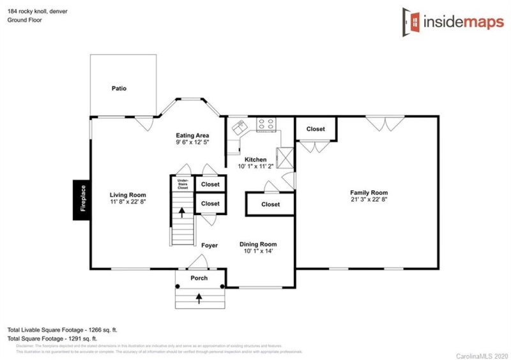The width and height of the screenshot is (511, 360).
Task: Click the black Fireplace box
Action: click(x=82, y=199)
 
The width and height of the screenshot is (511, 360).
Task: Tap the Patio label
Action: click(x=119, y=88)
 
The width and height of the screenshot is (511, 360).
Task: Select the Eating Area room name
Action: click(x=192, y=135)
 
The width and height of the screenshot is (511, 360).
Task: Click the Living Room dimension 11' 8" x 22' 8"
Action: click(x=128, y=202)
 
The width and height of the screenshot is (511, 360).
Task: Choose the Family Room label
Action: click(x=369, y=192)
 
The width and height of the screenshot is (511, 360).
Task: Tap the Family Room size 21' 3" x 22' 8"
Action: click(x=369, y=200)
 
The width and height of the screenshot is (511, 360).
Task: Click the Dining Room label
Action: click(x=258, y=244)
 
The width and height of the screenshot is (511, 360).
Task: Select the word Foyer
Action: click(x=210, y=245)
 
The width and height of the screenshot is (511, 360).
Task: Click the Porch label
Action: click(x=199, y=278)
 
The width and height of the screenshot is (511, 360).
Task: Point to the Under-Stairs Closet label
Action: click(x=183, y=184)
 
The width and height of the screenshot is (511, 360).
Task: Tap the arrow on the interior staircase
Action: click(x=181, y=212)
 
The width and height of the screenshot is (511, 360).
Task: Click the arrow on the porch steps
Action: click(x=199, y=297)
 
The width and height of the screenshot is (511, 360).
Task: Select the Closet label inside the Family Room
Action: click(x=316, y=129)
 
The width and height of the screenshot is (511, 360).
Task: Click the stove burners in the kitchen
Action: click(x=265, y=124)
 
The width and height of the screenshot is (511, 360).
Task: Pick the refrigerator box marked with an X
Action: click(x=284, y=156)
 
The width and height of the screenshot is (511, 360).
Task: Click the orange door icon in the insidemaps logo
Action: click(x=411, y=21)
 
